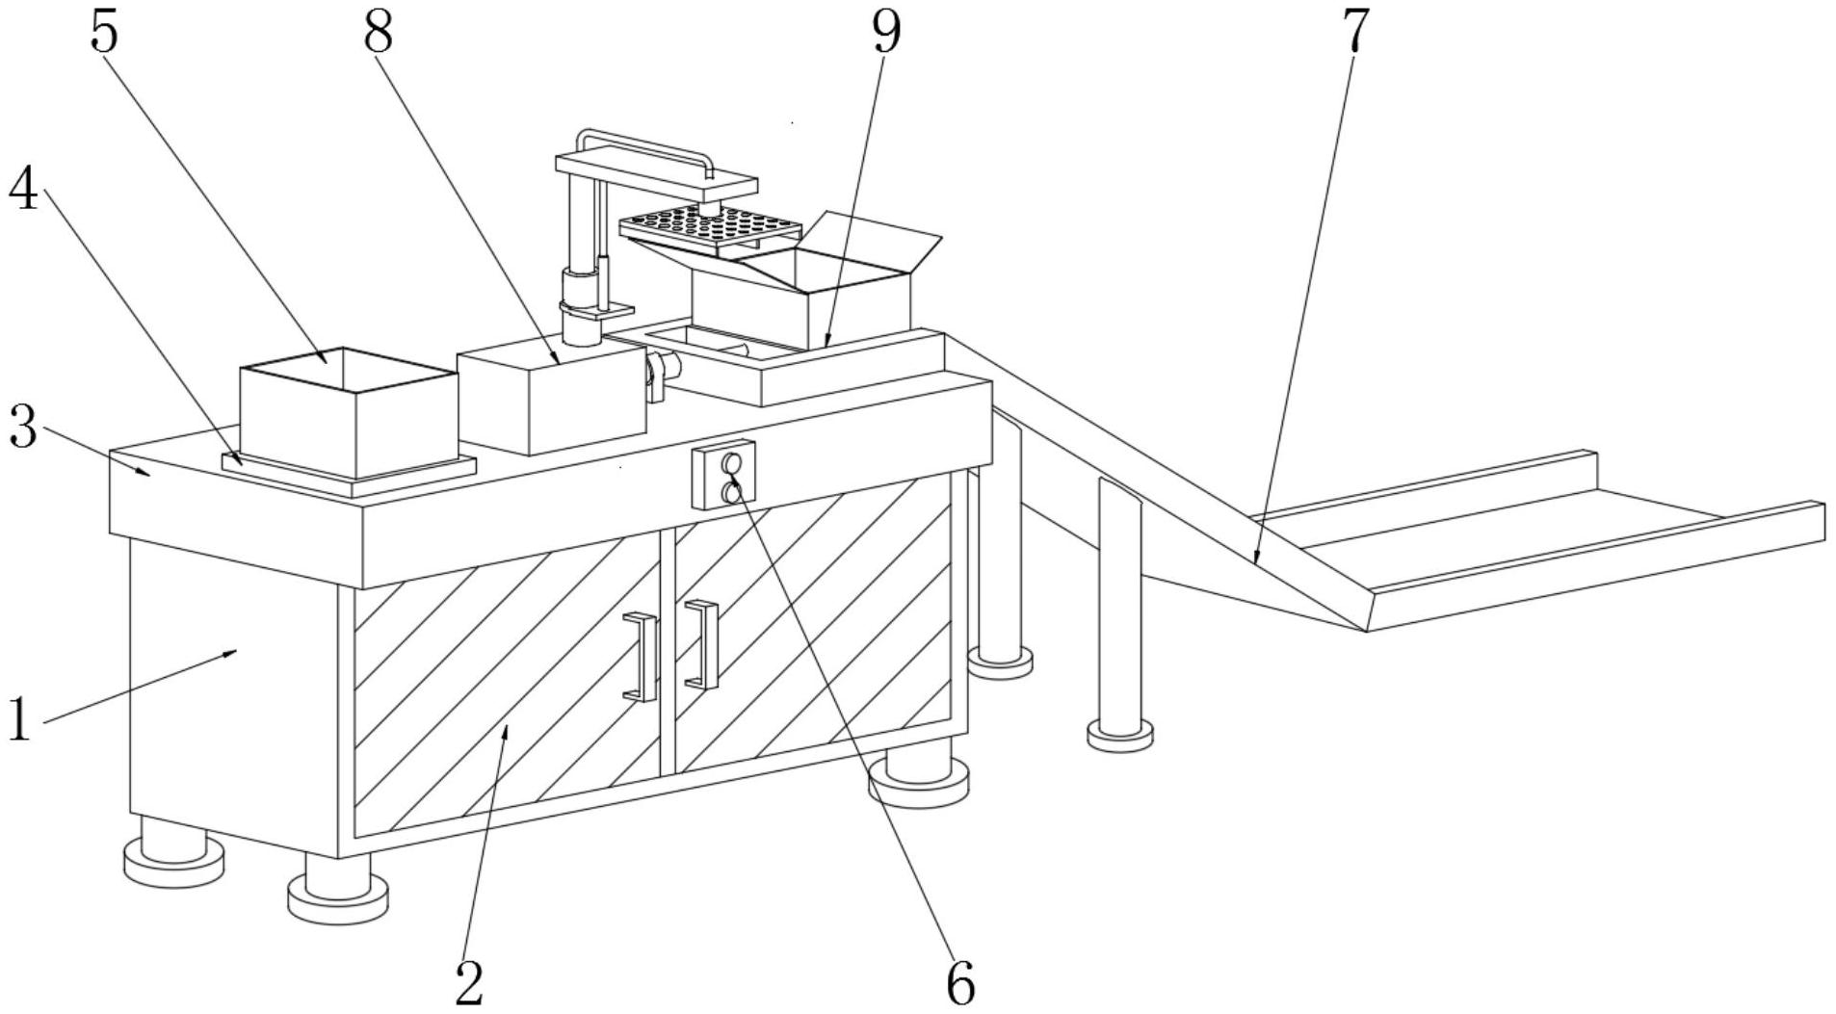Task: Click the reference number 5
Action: coord(104,33)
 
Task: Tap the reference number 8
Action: coord(379,33)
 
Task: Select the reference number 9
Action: coord(885,33)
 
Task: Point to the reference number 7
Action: coord(1354,33)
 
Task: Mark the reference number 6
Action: coord(960,982)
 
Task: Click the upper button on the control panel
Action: coord(733,463)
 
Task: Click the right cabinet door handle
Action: coord(703,644)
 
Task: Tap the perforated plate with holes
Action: coord(711,227)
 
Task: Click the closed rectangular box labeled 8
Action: coord(551,400)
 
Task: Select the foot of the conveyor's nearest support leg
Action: coord(1120,734)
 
